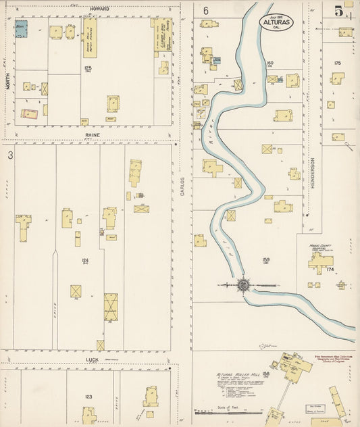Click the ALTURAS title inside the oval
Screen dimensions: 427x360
278,21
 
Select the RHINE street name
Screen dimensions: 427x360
93,134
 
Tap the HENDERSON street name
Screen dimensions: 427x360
313,168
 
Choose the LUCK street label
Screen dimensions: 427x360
93,360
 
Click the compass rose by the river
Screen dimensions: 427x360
242,285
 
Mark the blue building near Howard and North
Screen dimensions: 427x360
22,29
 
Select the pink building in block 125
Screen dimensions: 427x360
28,114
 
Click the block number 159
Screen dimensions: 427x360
265,260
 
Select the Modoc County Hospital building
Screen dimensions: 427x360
318,261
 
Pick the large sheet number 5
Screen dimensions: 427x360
339,10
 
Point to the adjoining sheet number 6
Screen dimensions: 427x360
205,11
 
